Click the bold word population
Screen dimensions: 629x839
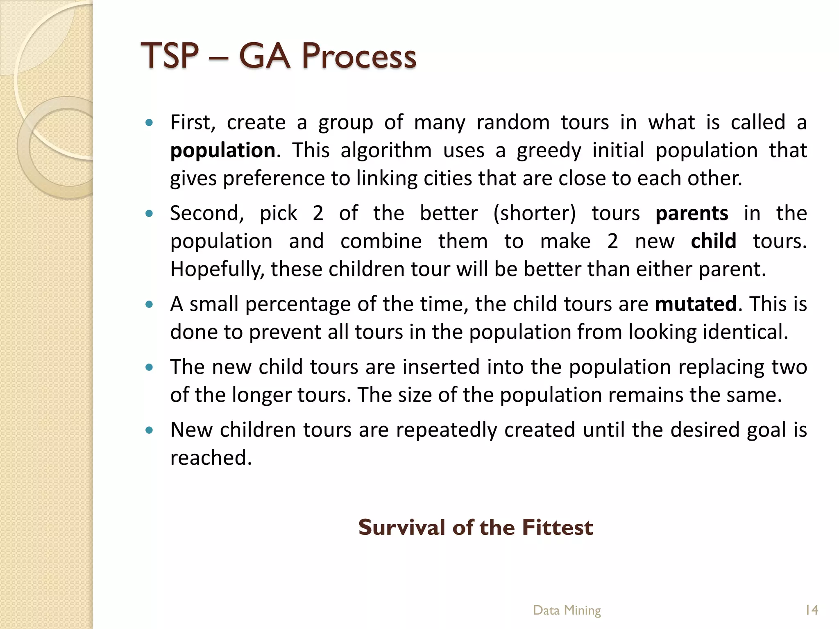tap(222, 150)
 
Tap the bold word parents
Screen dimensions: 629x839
tap(692, 213)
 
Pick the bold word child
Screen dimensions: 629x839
tap(713, 241)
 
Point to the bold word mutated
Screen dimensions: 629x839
tap(696, 304)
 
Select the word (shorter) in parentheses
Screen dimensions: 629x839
tap(535, 213)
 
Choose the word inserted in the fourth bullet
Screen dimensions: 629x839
tap(440, 367)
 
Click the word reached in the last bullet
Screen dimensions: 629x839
tap(210, 458)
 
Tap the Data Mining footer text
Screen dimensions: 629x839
tap(567, 610)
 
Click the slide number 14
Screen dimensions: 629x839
tap(811, 610)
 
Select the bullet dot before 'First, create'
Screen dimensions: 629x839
tap(149, 122)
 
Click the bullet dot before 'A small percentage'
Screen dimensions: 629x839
tap(149, 304)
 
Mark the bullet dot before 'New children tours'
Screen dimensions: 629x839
tap(149, 430)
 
